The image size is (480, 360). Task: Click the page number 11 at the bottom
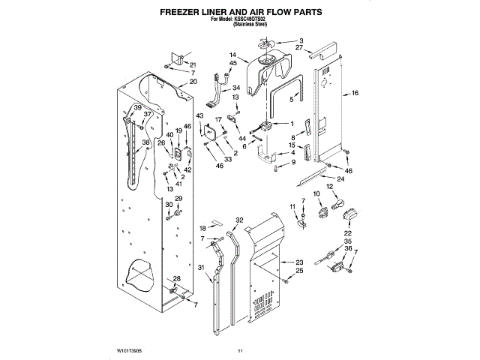tap(241, 350)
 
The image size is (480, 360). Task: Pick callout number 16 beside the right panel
tap(355, 94)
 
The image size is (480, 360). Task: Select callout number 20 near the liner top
tap(193, 81)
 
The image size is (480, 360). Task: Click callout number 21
tap(193, 64)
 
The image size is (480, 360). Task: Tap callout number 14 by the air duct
tap(233, 55)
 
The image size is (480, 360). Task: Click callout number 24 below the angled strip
tap(340, 179)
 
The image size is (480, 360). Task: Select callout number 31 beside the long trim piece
tap(201, 268)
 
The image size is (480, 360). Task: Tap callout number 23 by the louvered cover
tap(299, 262)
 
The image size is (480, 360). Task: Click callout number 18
tap(202, 228)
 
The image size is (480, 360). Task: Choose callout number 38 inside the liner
tap(145, 142)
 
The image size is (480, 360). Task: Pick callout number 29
tap(178, 199)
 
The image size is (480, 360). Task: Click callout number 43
tap(199, 115)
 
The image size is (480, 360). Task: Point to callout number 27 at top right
tap(299, 47)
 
